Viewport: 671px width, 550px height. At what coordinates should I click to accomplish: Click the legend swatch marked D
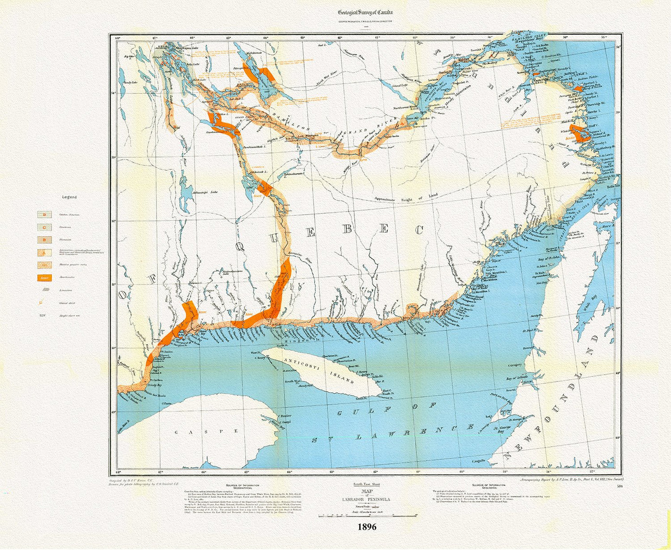[45, 215]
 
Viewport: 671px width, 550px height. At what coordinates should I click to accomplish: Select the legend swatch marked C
[45, 227]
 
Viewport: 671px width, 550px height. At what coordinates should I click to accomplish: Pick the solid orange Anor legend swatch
[45, 278]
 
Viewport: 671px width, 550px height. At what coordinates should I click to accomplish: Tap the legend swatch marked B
[45, 240]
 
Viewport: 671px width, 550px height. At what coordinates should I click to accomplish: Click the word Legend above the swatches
[70, 197]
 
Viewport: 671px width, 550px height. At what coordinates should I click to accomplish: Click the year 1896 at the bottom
[367, 527]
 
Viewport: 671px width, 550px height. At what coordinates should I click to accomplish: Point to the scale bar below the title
[367, 516]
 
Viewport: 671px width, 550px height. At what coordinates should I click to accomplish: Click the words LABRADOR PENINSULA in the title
[367, 499]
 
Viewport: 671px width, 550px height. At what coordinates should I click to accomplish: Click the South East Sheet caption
[367, 484]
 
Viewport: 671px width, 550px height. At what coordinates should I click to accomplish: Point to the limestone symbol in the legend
[45, 290]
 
